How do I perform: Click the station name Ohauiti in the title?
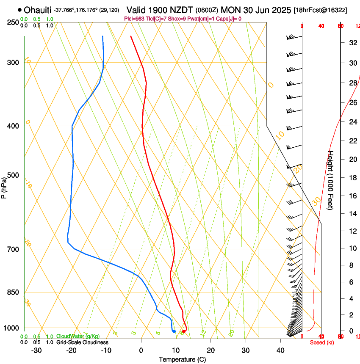38,10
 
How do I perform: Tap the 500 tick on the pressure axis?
14,175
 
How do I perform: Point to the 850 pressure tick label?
14,292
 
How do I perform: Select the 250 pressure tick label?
14,22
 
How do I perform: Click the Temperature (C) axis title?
182,359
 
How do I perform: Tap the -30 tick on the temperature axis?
36,350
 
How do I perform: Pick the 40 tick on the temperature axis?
280,350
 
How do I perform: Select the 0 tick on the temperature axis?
141,350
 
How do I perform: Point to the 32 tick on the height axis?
352,43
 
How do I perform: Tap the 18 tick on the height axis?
352,178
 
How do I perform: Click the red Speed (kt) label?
322,342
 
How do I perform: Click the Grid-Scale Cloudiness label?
82,342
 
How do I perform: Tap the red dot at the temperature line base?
183,331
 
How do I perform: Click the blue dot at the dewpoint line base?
174,331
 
